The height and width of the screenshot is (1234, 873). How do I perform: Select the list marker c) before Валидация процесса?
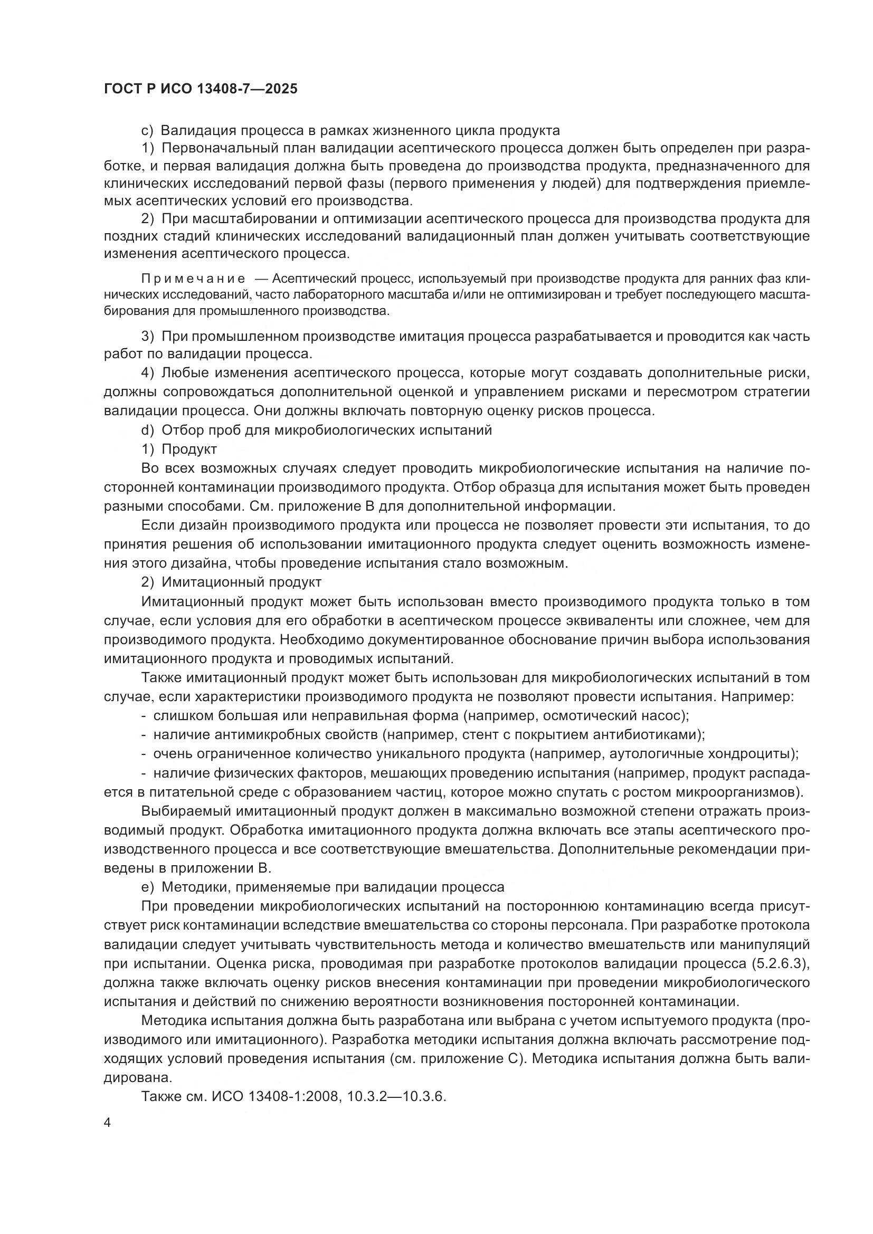point(147,131)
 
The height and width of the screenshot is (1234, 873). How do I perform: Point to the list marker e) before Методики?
point(147,886)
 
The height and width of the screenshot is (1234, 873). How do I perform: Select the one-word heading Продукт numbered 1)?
point(189,449)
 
